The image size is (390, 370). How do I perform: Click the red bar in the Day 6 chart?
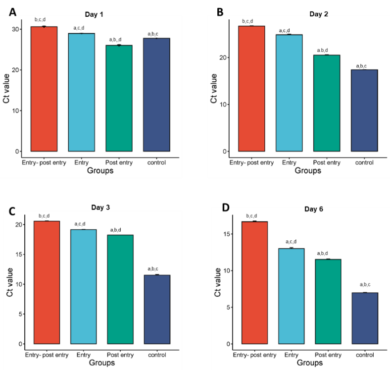254,282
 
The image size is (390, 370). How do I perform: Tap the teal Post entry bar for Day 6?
328,301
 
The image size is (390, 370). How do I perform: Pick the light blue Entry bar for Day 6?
292,296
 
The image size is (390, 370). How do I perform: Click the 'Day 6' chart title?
313,209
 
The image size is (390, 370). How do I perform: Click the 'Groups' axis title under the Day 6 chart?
309,363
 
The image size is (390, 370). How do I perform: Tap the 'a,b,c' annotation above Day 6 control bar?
365,284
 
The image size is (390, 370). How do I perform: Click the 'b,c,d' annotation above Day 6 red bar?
254,216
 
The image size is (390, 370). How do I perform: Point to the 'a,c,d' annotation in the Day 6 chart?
292,242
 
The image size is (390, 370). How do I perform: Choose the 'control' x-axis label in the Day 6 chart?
365,355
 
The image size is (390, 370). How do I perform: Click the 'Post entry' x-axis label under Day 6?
328,355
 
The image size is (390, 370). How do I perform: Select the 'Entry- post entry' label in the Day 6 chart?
254,355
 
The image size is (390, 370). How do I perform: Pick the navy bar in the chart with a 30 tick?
156,95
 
